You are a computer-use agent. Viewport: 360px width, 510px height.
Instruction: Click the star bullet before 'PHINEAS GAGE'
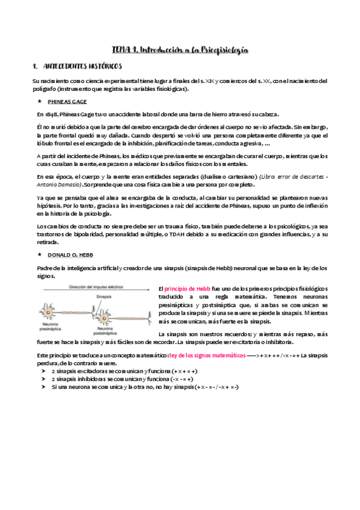[40, 102]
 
